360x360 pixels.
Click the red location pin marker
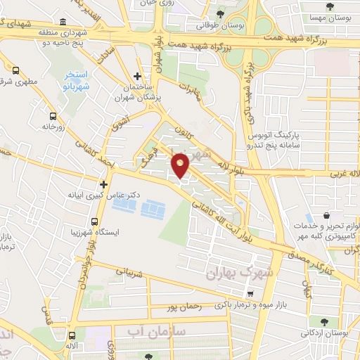[x=181, y=165]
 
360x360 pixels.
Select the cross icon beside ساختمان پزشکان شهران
[x=137, y=76]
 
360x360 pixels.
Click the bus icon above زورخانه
[x=53, y=116]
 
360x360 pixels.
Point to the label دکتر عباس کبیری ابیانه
[x=102, y=194]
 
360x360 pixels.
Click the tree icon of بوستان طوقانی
[x=220, y=13]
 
